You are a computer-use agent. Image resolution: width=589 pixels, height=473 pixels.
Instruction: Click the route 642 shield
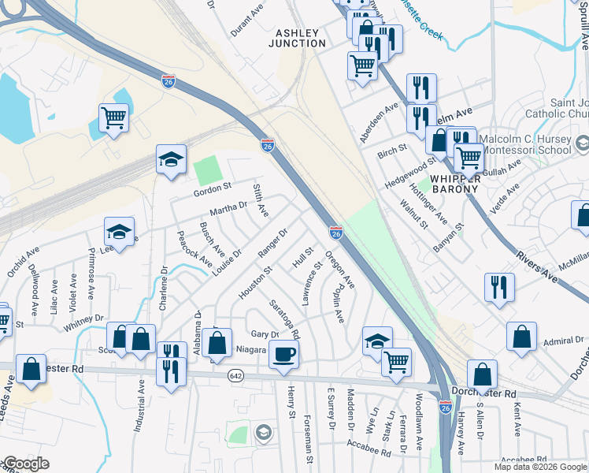(x=235, y=374)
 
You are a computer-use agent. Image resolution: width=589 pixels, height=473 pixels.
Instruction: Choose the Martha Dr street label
(x=228, y=209)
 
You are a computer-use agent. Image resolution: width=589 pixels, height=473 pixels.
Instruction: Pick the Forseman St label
(x=309, y=441)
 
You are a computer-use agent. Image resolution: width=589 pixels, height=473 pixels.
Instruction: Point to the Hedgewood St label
(x=410, y=173)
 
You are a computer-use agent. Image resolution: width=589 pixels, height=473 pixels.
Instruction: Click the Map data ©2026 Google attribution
(x=540, y=467)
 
